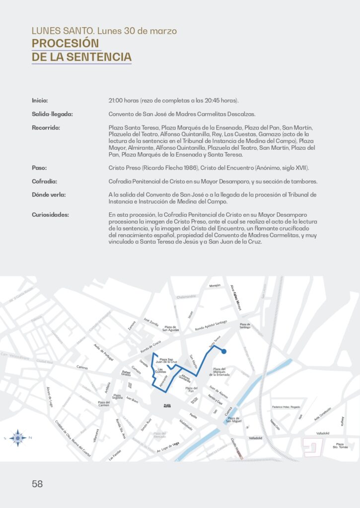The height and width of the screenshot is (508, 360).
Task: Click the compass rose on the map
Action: (17, 438)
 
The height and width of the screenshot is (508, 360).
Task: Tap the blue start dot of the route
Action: (224, 352)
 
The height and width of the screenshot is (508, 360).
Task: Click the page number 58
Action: (37, 484)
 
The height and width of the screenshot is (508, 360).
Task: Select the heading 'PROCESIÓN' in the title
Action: (66, 43)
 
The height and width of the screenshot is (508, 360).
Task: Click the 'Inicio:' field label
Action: (40, 101)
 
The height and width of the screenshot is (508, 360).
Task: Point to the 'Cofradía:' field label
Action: (44, 181)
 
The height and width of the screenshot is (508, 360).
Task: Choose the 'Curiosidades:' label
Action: (51, 215)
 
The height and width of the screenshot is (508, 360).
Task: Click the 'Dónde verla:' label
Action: (49, 194)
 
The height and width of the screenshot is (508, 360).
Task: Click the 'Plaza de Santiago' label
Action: (245, 326)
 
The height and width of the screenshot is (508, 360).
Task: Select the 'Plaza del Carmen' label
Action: (104, 404)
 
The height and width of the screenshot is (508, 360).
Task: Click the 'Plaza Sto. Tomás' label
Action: (340, 445)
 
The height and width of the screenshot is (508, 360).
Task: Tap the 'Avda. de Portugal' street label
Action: (104, 353)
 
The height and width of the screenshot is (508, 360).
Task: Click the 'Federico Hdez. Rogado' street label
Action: (287, 407)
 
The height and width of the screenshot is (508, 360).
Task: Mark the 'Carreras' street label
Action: (82, 368)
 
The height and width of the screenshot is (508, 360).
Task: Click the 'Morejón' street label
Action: (215, 286)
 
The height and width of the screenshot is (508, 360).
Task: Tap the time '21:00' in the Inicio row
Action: (117, 101)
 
